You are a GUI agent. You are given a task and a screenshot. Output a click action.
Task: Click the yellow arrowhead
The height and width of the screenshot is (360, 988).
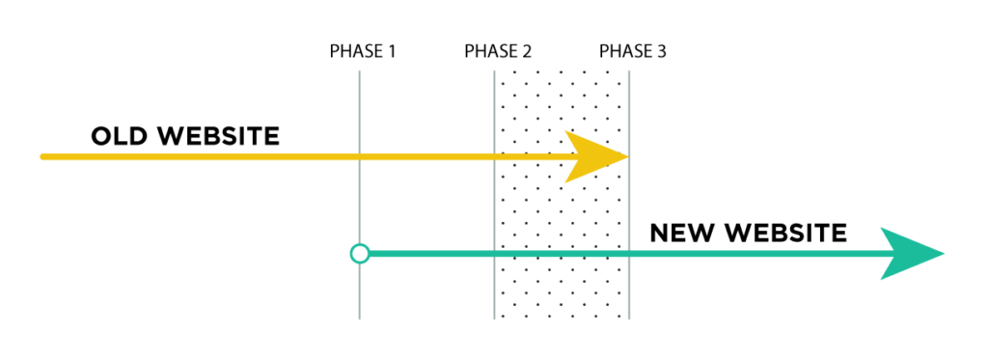[592, 156]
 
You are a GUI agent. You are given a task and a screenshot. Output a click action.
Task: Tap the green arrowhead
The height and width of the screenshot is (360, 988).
[907, 254]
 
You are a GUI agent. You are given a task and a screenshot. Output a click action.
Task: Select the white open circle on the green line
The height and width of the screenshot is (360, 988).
[360, 254]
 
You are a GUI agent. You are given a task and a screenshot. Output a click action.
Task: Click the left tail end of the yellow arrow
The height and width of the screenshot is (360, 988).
[42, 156]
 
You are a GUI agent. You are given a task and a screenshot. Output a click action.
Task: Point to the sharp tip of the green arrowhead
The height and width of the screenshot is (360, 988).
[944, 254]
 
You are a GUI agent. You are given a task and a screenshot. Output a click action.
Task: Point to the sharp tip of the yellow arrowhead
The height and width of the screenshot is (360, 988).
[628, 156]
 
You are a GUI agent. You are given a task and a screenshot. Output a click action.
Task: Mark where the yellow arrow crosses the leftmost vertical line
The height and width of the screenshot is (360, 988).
[360, 156]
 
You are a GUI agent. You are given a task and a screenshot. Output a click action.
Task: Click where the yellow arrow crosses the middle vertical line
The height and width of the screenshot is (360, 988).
[495, 156]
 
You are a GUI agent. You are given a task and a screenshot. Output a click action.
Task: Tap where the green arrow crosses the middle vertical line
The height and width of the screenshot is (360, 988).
[495, 254]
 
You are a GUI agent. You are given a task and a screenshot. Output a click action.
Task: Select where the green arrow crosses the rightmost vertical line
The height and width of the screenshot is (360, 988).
[629, 254]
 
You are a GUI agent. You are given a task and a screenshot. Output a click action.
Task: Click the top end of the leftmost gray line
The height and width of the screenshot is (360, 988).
[360, 71]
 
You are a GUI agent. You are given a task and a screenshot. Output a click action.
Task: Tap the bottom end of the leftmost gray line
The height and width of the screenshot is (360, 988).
[360, 318]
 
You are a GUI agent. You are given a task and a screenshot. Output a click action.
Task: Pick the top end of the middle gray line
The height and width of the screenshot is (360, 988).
[495, 71]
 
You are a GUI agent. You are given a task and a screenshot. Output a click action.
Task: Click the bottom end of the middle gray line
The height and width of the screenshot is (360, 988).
[495, 318]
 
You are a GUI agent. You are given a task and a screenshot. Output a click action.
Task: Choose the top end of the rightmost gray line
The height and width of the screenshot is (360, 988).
[629, 71]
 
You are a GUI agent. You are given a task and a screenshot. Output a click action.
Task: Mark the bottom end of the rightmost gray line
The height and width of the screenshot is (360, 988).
[629, 318]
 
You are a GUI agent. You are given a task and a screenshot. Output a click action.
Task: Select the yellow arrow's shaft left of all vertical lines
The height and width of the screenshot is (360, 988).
[193, 156]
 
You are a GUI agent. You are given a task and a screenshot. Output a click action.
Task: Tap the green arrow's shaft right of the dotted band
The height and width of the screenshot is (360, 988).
[753, 254]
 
